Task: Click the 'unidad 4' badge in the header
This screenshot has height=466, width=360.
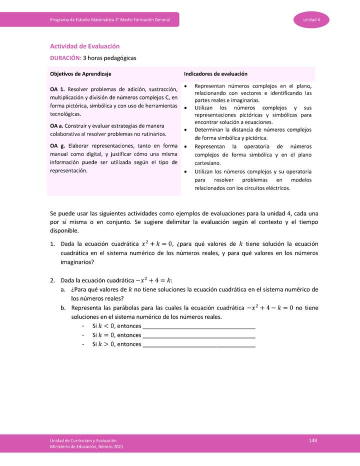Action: point(312,19)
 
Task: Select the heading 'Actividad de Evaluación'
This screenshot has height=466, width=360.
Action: point(84,46)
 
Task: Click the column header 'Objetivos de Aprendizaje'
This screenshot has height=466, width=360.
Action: point(80,73)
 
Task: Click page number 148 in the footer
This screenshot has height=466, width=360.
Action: point(313,440)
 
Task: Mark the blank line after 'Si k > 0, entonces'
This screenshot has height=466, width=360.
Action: point(199,345)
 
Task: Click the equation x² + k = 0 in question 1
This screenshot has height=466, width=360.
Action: point(157,244)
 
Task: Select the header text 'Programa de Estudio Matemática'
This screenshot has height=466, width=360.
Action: point(89,19)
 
